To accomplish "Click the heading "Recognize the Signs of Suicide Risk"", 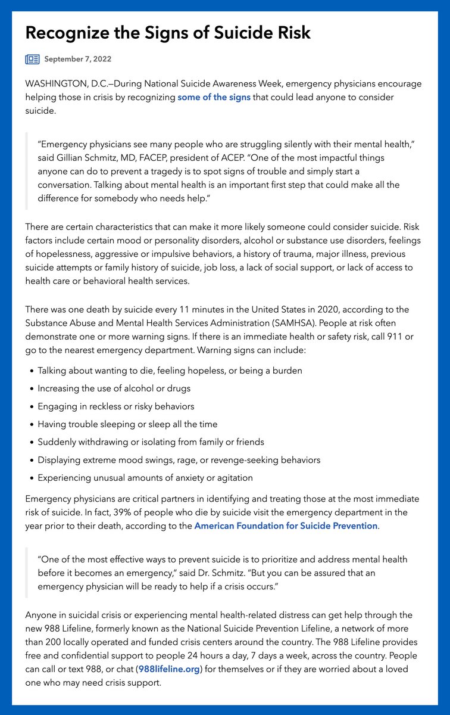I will pos(168,33).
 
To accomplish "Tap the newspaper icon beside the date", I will pos(32,59).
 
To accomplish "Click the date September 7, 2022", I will pos(77,59).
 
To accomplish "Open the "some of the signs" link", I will pos(214,97).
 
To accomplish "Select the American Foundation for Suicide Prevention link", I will pos(286,526).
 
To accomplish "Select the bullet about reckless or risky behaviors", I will pos(115,406).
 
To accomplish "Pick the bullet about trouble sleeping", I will pos(127,424).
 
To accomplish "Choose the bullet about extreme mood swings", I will pos(179,460).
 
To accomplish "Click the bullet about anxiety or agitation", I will pos(145,478).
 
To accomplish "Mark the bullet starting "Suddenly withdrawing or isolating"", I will pos(151,442).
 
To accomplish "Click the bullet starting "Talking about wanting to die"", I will pos(170,371).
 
